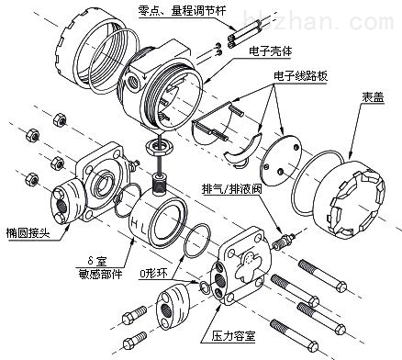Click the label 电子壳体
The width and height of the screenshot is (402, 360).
pos(270,51)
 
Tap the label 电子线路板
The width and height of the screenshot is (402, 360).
pos(301,75)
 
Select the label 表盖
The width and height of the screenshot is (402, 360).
pos(373,97)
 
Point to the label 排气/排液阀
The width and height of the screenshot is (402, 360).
pos(231,189)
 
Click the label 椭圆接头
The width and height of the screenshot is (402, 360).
pos(28,233)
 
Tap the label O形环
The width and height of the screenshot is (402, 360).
pos(153,273)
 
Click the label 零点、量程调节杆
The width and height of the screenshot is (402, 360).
pos(182,11)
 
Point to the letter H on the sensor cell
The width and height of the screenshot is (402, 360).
pos(134,221)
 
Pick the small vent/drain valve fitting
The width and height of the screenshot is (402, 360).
pos(284,241)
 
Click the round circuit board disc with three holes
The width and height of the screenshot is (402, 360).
pos(281,160)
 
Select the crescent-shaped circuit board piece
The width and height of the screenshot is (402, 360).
pos(243,149)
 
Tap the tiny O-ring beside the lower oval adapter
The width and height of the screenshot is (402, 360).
pos(204,287)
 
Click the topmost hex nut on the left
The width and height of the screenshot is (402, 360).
pos(60,119)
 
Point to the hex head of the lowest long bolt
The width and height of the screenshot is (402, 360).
pos(312,346)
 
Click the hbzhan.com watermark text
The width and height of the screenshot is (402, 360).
pos(319,19)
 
